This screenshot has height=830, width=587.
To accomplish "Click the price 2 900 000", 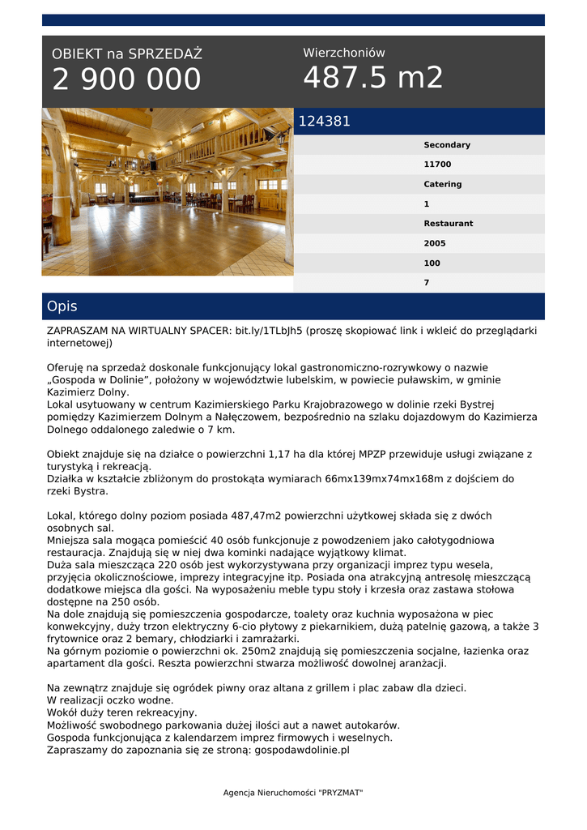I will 126,79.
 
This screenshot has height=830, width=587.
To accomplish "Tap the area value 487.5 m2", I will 373,78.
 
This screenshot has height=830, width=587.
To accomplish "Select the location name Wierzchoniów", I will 344,53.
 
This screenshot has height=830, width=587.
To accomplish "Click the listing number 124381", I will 325,122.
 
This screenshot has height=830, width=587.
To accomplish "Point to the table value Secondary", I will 446,145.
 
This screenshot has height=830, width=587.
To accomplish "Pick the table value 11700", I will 437,165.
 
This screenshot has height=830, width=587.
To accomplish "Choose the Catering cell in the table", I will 442,184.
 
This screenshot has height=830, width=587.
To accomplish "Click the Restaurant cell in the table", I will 448,224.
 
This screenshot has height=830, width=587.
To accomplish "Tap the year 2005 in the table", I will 434,243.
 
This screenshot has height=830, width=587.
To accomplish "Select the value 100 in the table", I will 432,263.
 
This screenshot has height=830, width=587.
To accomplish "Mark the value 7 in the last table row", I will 427,283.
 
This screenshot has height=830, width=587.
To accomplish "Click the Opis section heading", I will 62,306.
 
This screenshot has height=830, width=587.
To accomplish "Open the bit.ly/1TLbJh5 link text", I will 268,331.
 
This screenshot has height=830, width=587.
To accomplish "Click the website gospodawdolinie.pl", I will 302,751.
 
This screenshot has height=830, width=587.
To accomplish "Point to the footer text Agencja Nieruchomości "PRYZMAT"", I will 293,793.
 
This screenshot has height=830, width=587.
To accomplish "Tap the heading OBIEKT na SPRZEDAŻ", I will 127,54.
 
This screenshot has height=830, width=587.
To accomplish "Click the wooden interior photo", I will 168,192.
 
